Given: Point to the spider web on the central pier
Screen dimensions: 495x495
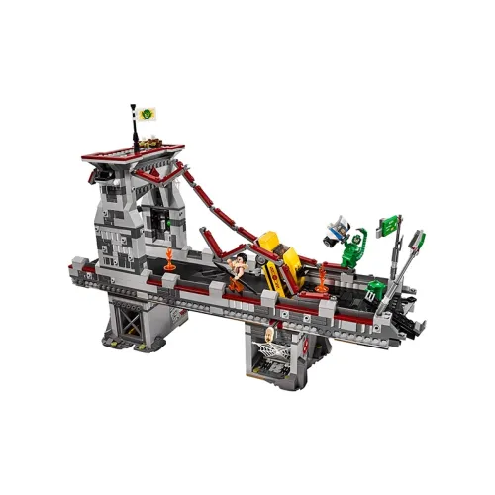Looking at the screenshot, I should click(x=268, y=347).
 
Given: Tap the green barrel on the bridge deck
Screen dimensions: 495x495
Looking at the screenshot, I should click(x=376, y=290).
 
